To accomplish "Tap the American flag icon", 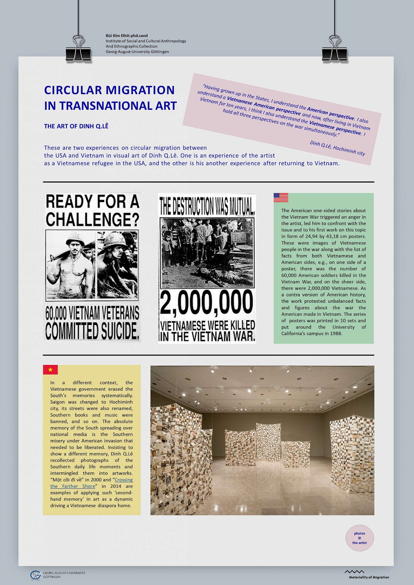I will point(281,197).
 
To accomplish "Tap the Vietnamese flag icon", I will point(50,369).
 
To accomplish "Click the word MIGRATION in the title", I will point(140,90).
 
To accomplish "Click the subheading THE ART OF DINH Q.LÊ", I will point(76,126).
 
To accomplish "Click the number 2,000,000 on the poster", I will point(206,303).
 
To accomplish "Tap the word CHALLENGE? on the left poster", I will point(92,219).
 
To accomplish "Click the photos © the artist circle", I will point(359,538).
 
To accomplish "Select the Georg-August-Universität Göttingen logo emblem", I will point(35,575).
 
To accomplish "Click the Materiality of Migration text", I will point(369,577).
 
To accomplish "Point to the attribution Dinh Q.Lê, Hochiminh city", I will point(337,148).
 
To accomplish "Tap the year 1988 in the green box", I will point(336,334).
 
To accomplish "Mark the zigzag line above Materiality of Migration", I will point(354,572).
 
